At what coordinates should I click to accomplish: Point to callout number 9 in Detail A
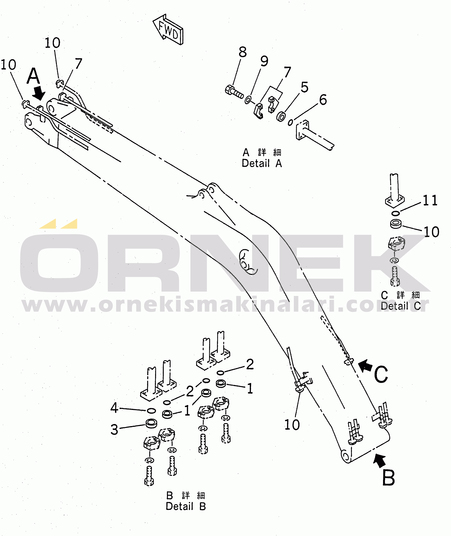(x=264, y=61)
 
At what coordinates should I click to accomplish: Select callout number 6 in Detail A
(x=323, y=100)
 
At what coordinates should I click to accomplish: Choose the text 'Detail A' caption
(x=262, y=163)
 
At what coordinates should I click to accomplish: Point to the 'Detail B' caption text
(x=186, y=506)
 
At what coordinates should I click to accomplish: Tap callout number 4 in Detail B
(x=114, y=408)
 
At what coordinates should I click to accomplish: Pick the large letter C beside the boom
(x=381, y=374)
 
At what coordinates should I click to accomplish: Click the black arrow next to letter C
(x=365, y=365)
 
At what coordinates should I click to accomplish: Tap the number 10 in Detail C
(x=432, y=232)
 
